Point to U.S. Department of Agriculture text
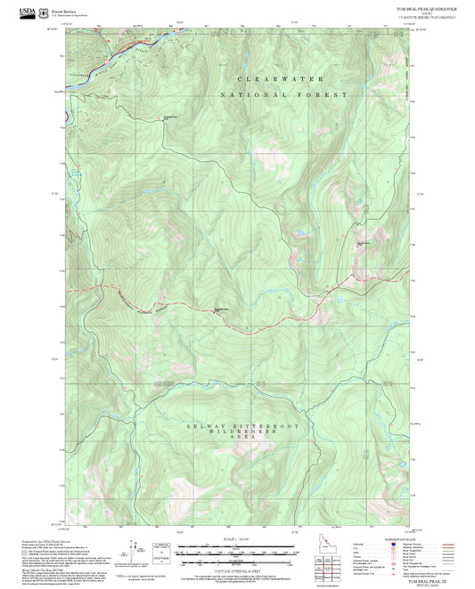(71, 16)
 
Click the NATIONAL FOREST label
(274, 94)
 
